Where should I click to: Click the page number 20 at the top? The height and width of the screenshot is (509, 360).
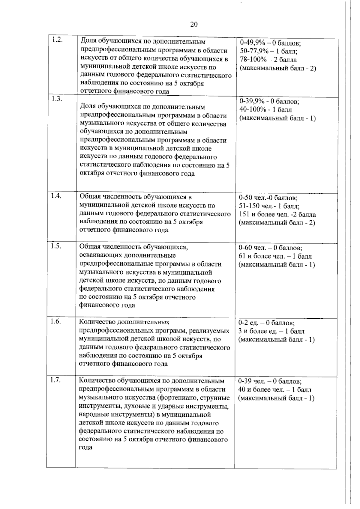(194, 25)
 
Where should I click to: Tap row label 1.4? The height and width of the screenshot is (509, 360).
(56, 196)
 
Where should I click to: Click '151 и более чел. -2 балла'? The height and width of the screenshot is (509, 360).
(277, 215)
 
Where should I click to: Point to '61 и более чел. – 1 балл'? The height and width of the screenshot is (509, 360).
(275, 256)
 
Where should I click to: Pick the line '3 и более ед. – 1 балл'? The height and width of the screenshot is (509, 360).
(271, 331)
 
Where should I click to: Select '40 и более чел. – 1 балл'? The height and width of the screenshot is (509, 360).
(274, 390)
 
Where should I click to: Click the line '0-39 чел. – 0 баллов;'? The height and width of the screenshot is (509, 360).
(270, 381)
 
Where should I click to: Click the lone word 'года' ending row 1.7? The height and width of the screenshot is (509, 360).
(85, 448)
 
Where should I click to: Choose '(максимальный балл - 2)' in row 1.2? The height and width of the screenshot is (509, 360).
(278, 68)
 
